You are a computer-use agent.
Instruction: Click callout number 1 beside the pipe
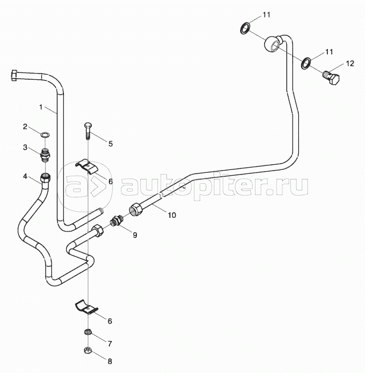pyautogui.click(x=41, y=107)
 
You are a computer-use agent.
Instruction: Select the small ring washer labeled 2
pyautogui.click(x=45, y=135)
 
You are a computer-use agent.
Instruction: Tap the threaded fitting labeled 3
pyautogui.click(x=45, y=153)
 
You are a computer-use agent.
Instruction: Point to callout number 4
pyautogui.click(x=25, y=176)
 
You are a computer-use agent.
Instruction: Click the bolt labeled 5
pyautogui.click(x=88, y=131)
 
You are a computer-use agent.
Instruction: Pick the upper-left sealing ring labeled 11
pyautogui.click(x=246, y=27)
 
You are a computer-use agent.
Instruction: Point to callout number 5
pyautogui.click(x=111, y=144)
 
